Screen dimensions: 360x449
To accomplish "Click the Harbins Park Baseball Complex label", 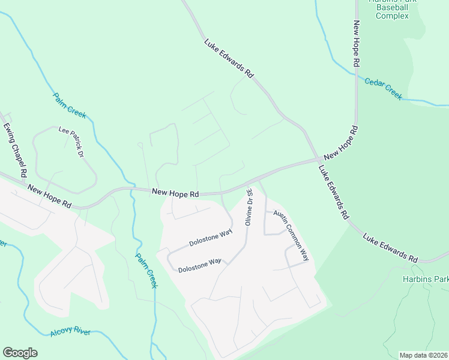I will (x=392, y=8).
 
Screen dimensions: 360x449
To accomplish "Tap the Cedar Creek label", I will (x=384, y=88).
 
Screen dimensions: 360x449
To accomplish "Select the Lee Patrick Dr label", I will (x=71, y=142).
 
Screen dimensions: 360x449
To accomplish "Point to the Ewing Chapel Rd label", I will (x=15, y=150).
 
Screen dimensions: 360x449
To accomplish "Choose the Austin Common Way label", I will (x=291, y=235).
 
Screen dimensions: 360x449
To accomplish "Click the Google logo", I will (x=20, y=353).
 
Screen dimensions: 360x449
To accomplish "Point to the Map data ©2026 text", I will (x=423, y=355).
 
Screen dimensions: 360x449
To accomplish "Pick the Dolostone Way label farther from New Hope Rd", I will (x=200, y=265).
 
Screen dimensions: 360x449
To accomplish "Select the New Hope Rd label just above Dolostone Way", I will (x=175, y=193).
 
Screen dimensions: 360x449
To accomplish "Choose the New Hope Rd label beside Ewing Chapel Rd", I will (x=49, y=197).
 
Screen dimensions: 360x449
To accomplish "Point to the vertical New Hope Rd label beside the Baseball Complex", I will (x=356, y=43).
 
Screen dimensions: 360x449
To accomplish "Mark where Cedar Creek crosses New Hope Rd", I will (x=357, y=76).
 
